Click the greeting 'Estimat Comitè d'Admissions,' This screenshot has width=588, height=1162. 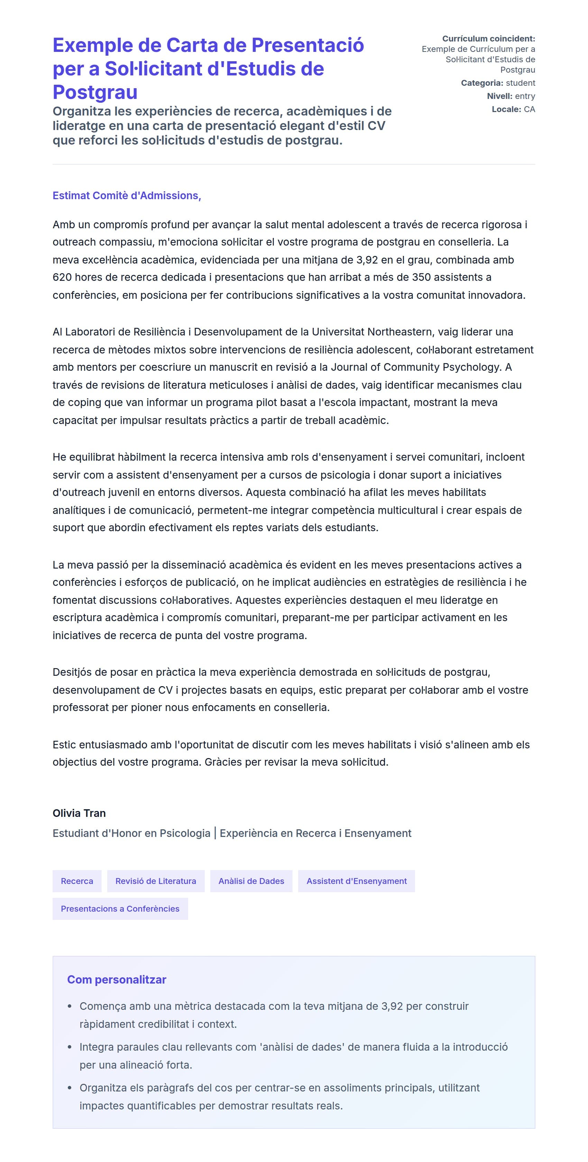(127, 195)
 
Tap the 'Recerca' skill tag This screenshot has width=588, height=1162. (77, 881)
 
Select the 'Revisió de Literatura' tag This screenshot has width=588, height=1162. (156, 881)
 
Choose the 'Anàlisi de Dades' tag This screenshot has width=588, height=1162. (251, 881)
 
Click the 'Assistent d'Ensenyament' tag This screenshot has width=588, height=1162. (357, 881)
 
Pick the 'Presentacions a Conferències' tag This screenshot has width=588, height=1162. (120, 909)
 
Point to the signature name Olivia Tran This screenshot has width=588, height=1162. (79, 813)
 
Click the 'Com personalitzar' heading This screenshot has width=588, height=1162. (117, 979)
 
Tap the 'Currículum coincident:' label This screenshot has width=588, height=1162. (488, 39)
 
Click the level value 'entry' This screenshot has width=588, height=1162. (525, 96)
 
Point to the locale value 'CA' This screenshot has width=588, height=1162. (529, 109)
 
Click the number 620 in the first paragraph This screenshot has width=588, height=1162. (62, 277)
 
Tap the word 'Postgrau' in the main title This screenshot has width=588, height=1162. (95, 92)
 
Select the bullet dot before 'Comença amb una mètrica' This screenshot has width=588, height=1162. (70, 1006)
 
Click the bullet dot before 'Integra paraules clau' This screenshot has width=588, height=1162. (70, 1047)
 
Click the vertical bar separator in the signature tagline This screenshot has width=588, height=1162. (215, 833)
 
